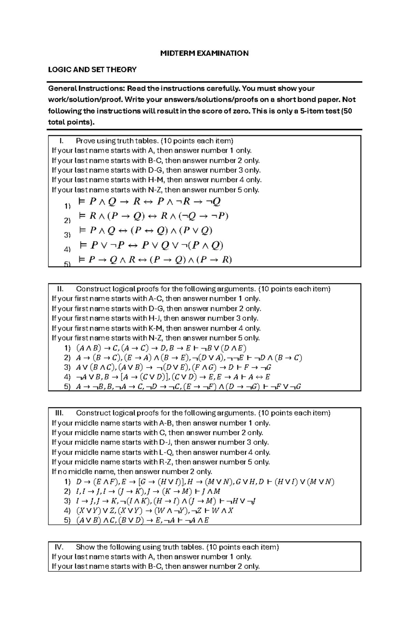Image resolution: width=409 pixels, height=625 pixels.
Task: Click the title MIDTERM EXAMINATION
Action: (204, 53)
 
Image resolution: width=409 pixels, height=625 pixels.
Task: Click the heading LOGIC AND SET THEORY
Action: (92, 70)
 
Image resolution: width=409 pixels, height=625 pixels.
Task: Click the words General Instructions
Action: (87, 89)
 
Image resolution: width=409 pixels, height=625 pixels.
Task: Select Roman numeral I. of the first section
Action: (61, 141)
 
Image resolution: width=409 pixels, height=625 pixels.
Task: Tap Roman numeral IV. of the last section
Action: (59, 547)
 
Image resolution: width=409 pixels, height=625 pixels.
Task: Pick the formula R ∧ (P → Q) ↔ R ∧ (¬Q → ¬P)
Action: (153, 216)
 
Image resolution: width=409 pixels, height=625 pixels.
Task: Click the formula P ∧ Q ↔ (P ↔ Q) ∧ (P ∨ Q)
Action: (146, 231)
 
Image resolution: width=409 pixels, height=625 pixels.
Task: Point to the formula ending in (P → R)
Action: (155, 260)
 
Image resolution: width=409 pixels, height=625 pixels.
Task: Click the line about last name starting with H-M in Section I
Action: (156, 180)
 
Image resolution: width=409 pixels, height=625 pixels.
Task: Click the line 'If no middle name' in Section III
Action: (132, 472)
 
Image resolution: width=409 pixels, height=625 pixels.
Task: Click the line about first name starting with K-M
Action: (156, 328)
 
